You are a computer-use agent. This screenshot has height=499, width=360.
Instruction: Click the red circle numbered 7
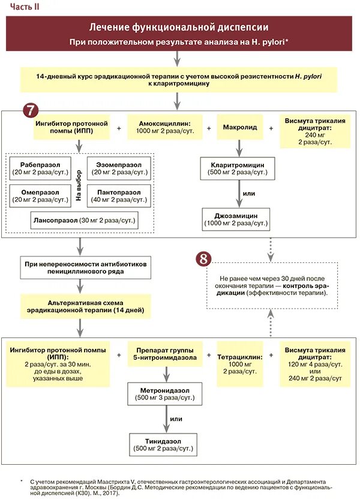click(31, 110)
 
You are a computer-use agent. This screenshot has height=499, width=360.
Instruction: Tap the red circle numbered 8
click(203, 259)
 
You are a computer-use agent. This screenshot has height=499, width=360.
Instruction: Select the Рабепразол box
click(40, 168)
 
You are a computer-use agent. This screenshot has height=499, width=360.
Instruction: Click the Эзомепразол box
click(119, 168)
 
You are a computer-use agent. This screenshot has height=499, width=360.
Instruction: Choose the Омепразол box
click(40, 196)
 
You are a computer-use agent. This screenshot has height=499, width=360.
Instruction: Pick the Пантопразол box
click(119, 196)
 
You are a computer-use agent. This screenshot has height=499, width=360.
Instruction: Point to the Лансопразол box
click(84, 220)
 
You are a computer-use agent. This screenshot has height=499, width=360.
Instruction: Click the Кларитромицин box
click(238, 168)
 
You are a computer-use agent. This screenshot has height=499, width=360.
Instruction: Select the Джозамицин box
click(236, 219)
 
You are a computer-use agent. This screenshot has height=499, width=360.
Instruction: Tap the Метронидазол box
click(165, 394)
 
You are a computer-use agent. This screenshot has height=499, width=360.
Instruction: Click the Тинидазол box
click(163, 444)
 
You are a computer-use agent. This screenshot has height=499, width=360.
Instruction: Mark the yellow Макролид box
click(240, 127)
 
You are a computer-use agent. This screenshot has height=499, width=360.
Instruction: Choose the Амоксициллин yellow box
click(165, 127)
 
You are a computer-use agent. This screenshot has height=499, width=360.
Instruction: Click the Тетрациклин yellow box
click(240, 364)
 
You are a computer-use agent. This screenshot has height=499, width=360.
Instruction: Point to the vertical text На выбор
click(79, 186)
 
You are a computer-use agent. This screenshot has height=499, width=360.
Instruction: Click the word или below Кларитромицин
click(248, 193)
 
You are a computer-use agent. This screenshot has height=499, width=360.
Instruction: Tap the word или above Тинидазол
click(176, 419)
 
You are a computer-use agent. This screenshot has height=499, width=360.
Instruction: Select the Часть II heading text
click(25, 7)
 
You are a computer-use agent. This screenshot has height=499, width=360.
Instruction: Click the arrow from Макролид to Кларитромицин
click(239, 148)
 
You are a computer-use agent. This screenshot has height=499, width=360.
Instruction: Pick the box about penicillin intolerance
click(86, 268)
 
